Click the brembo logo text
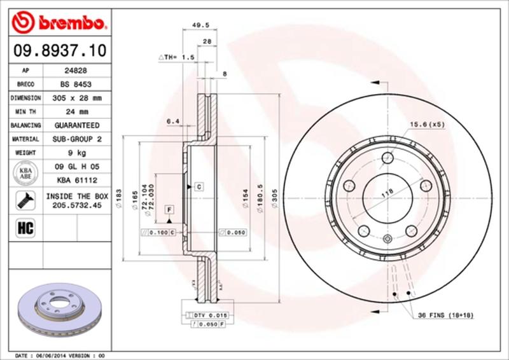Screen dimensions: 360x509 70,24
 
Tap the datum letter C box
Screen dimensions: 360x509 199,187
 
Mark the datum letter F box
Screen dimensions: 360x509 170,209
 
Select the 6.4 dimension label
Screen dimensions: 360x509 172,121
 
